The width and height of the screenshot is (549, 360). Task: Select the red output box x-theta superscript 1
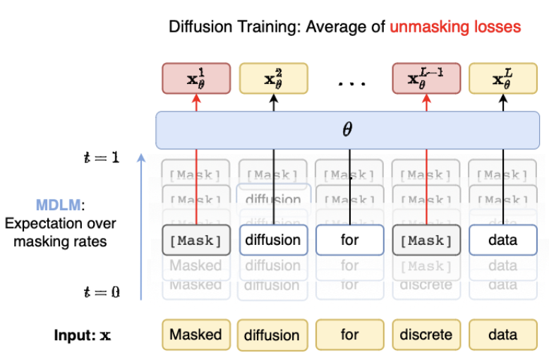tap(196, 78)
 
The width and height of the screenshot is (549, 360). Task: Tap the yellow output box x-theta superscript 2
tap(273, 78)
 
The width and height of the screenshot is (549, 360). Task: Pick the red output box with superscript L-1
tap(426, 78)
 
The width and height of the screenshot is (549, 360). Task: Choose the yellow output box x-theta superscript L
tap(502, 78)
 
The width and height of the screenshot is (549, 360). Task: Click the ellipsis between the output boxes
tap(351, 83)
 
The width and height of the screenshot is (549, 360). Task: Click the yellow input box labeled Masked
tap(195, 335)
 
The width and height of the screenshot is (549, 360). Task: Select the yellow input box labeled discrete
tap(426, 335)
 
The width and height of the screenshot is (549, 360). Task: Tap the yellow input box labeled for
tap(349, 335)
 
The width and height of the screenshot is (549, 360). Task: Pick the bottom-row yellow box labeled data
tap(502, 335)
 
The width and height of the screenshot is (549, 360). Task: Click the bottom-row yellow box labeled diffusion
tap(272, 335)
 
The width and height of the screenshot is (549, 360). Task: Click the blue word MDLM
tap(59, 206)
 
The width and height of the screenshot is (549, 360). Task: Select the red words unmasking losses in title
tap(455, 28)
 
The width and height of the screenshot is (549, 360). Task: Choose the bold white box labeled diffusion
tap(272, 240)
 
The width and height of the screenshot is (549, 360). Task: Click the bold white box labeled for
tap(349, 240)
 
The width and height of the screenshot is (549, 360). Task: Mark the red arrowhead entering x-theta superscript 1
tap(196, 100)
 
